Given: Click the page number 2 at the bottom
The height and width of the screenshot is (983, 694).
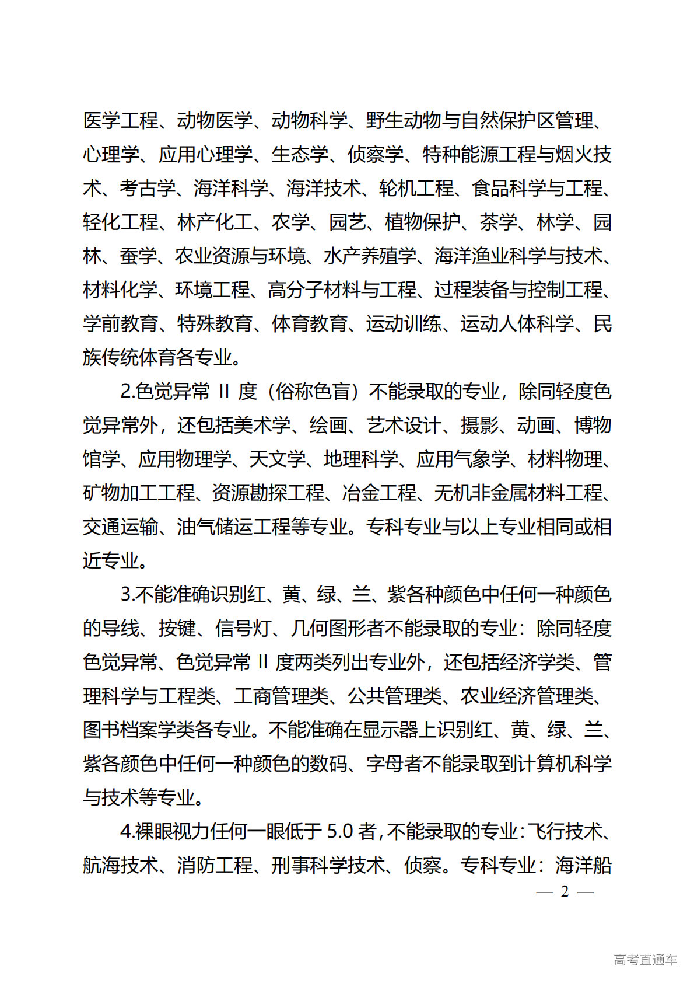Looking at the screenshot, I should [x=564, y=891].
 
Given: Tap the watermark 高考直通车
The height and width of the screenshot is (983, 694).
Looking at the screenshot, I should [x=645, y=960].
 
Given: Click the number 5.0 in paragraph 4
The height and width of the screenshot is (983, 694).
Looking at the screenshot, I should [x=340, y=831].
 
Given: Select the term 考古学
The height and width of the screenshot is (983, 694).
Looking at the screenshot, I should [x=148, y=188].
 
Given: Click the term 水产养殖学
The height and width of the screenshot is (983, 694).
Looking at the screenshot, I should [x=370, y=256].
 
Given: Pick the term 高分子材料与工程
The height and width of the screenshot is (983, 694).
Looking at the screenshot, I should [x=342, y=290].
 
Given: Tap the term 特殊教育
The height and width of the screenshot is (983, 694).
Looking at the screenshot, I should [x=215, y=323].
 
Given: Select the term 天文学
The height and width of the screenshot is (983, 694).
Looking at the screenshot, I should [x=277, y=459].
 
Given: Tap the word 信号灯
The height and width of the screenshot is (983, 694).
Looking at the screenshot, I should [x=243, y=628].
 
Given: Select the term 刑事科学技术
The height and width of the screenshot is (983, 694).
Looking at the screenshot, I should [x=329, y=865].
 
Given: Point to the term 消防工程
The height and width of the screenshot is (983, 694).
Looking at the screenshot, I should [x=215, y=865].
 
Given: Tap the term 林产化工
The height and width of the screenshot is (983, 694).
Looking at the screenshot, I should [x=215, y=222].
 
